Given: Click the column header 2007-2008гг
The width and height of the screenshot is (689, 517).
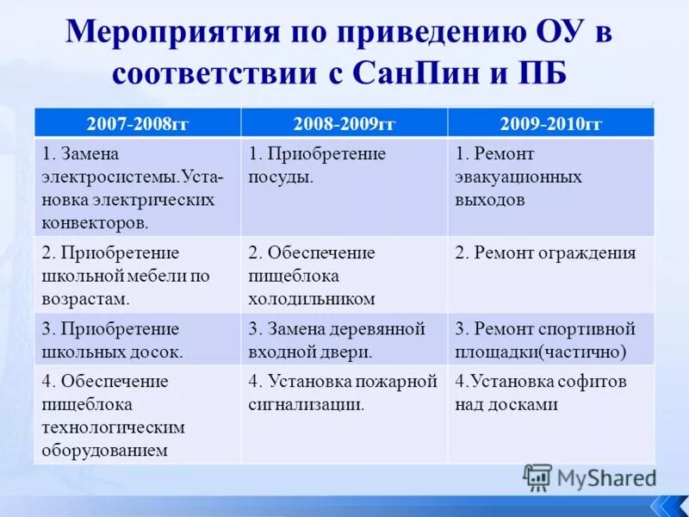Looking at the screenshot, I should click(x=138, y=123).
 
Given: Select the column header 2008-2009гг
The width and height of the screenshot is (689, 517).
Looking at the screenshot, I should click(x=344, y=123).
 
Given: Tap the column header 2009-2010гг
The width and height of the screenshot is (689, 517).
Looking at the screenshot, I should click(x=551, y=123).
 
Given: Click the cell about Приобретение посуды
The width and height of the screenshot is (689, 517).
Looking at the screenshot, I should click(x=344, y=185).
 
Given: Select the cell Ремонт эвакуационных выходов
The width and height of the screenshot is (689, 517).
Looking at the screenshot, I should click(x=551, y=185).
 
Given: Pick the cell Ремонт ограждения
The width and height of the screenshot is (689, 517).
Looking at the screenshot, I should click(x=551, y=274).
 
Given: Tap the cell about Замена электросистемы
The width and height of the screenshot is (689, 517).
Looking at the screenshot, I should click(x=138, y=185).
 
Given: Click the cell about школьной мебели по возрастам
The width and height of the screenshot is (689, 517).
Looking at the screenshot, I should click(x=138, y=274).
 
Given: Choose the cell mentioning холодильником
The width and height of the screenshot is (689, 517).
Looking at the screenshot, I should click(x=344, y=274).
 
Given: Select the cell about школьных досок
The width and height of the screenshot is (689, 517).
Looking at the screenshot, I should click(x=138, y=339).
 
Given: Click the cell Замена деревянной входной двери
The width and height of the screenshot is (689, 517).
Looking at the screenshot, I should click(x=344, y=339).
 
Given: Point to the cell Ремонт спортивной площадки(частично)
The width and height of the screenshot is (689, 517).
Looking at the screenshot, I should click(x=551, y=339).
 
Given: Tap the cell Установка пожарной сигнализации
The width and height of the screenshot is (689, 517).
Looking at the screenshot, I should click(x=344, y=414).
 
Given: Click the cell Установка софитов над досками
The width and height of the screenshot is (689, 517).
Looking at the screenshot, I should click(x=551, y=414).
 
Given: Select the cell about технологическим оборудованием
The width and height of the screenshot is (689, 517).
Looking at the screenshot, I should click(x=138, y=414).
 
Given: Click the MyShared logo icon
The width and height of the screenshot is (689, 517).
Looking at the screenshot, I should click(x=537, y=477).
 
